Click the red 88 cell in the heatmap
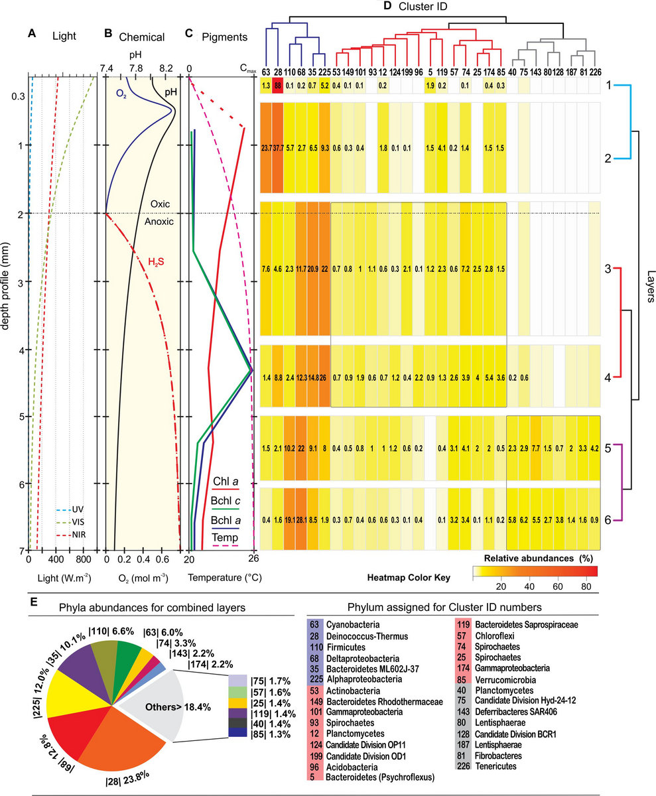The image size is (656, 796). [x=277, y=86]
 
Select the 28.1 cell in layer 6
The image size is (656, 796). [x=301, y=519]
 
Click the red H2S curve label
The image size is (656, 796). [x=156, y=262]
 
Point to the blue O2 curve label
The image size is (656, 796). [x=121, y=94]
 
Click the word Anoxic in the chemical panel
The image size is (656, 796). [x=159, y=222]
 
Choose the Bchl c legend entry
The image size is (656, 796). [x=226, y=501]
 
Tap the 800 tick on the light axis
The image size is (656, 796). [x=84, y=560]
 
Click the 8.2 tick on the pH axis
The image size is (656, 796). [x=165, y=68]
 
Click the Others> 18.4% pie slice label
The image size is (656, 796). [x=178, y=707]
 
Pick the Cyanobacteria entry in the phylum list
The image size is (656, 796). [x=353, y=624]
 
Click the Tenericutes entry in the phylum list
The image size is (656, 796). [x=495, y=766]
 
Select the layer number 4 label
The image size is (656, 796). [x=608, y=377]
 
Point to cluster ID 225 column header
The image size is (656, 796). [x=325, y=72]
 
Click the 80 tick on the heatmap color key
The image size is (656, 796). [x=586, y=586]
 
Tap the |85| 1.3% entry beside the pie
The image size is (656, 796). [x=271, y=734]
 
